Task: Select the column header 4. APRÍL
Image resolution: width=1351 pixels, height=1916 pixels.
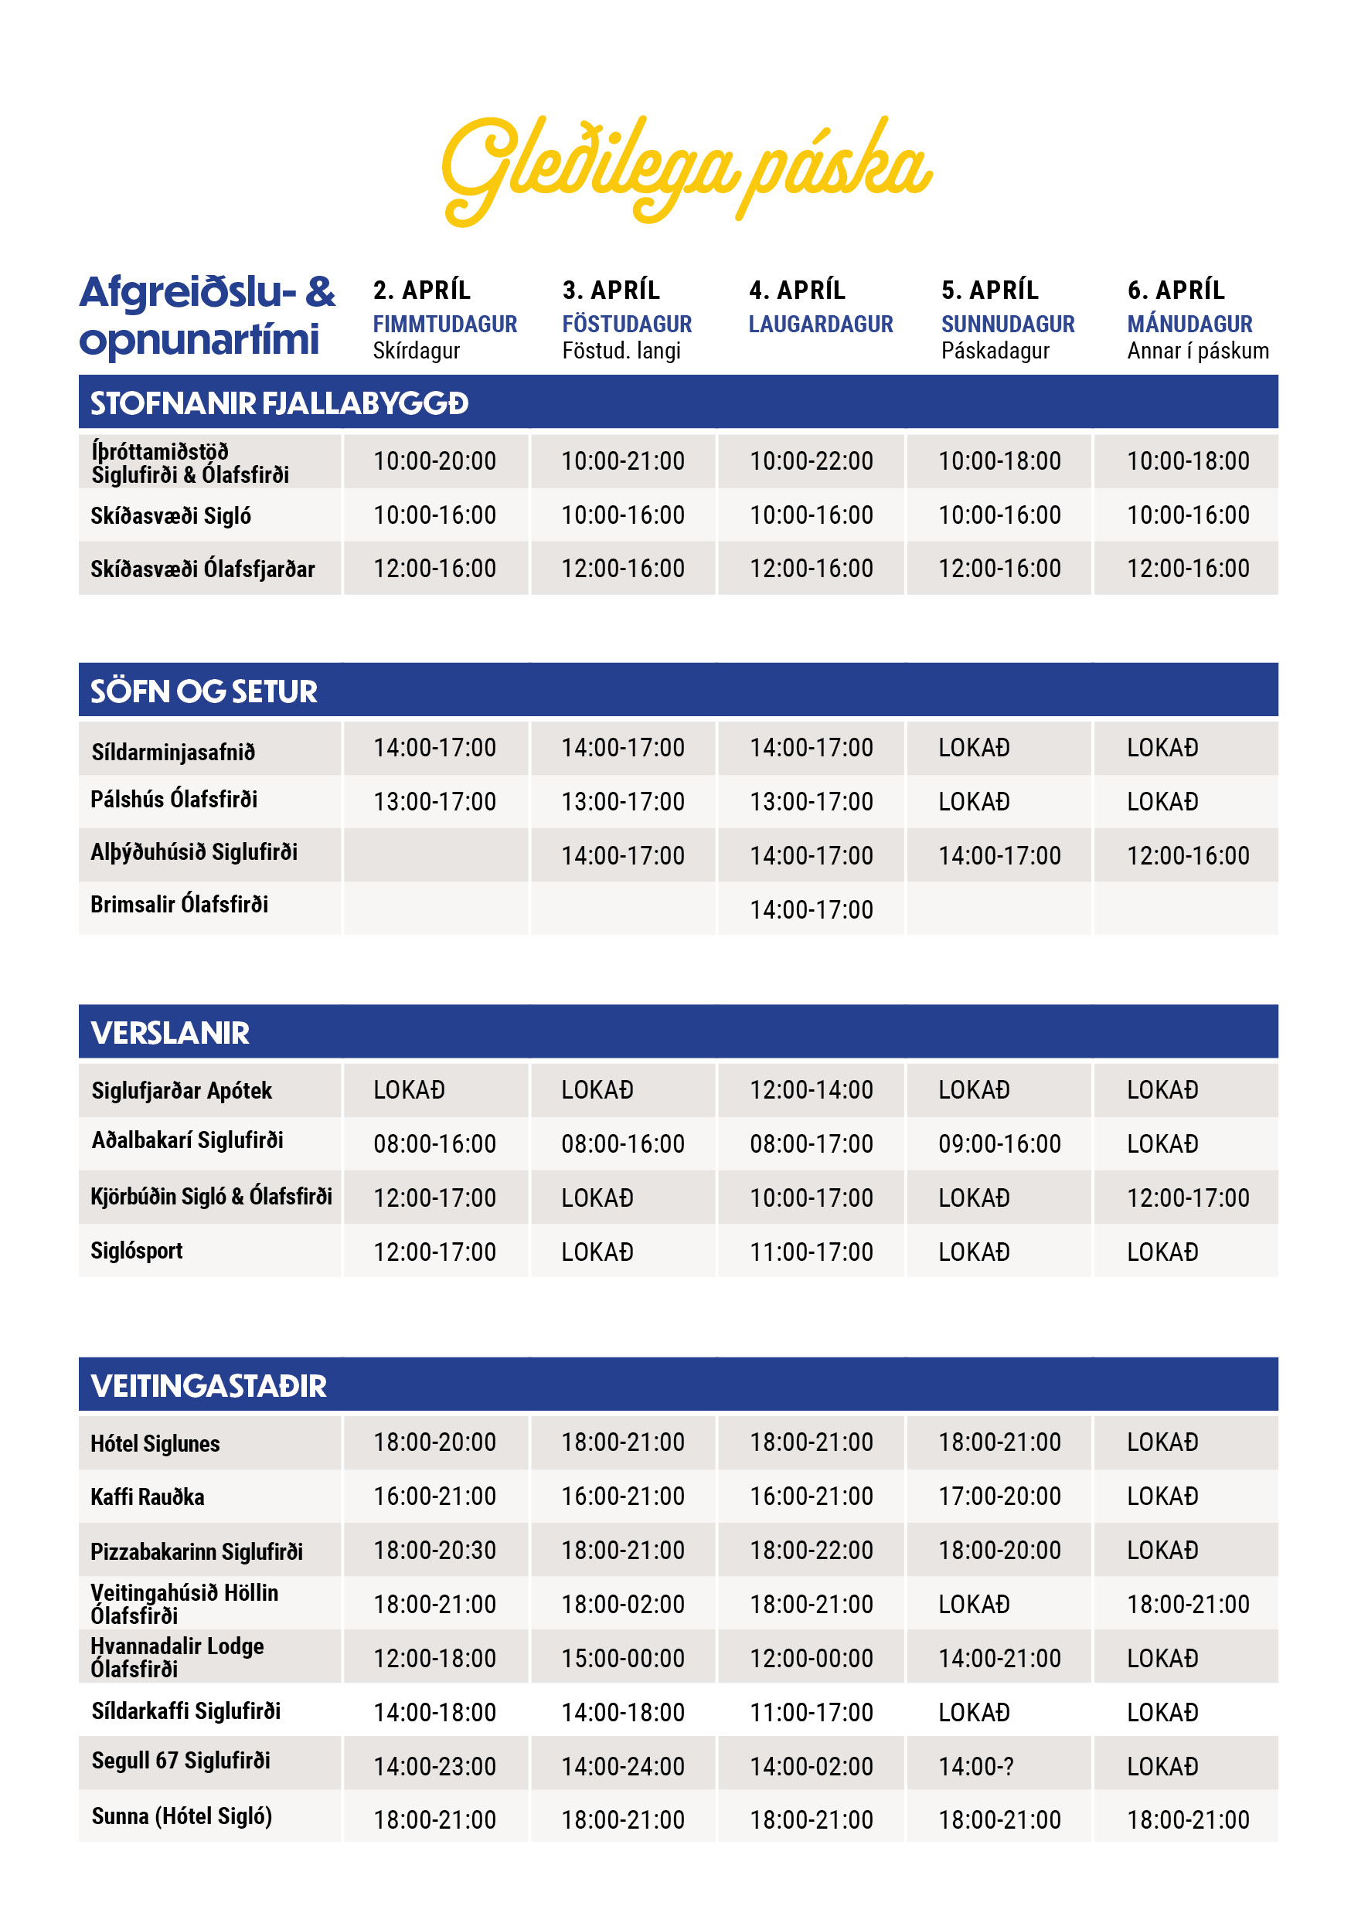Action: (x=797, y=290)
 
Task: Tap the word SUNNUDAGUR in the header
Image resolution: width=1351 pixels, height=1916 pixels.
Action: (x=1007, y=324)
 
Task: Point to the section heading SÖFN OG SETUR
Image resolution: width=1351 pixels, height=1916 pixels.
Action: (x=204, y=691)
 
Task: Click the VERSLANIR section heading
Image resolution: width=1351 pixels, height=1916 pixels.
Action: (x=170, y=1033)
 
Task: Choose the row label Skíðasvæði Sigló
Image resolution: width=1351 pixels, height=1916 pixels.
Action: (x=170, y=516)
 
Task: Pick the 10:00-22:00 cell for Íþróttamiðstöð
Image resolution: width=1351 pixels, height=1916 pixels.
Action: (x=811, y=460)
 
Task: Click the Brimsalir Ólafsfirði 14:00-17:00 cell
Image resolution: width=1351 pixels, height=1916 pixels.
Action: (x=811, y=909)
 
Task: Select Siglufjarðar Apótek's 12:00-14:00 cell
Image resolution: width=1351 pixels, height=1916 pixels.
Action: (x=811, y=1090)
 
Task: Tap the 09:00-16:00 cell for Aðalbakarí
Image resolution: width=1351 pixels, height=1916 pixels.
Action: (x=999, y=1144)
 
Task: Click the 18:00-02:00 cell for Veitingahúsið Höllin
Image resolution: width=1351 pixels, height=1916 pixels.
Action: (x=622, y=1604)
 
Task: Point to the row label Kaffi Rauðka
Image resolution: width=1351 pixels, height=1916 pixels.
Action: (x=147, y=1497)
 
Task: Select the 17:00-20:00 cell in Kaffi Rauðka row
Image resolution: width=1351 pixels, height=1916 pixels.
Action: (x=999, y=1496)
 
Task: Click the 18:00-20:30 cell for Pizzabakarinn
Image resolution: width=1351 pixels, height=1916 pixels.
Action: (x=434, y=1551)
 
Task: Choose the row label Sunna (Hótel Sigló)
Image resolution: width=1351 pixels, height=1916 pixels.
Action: (x=181, y=1816)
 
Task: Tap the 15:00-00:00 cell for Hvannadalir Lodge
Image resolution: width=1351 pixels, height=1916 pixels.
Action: (x=622, y=1658)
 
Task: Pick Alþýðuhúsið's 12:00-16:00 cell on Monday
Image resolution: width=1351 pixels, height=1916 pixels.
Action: (x=1187, y=855)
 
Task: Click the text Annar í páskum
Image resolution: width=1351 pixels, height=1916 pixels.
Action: (x=1197, y=351)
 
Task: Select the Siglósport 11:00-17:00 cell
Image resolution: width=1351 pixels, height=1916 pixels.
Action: (x=811, y=1252)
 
